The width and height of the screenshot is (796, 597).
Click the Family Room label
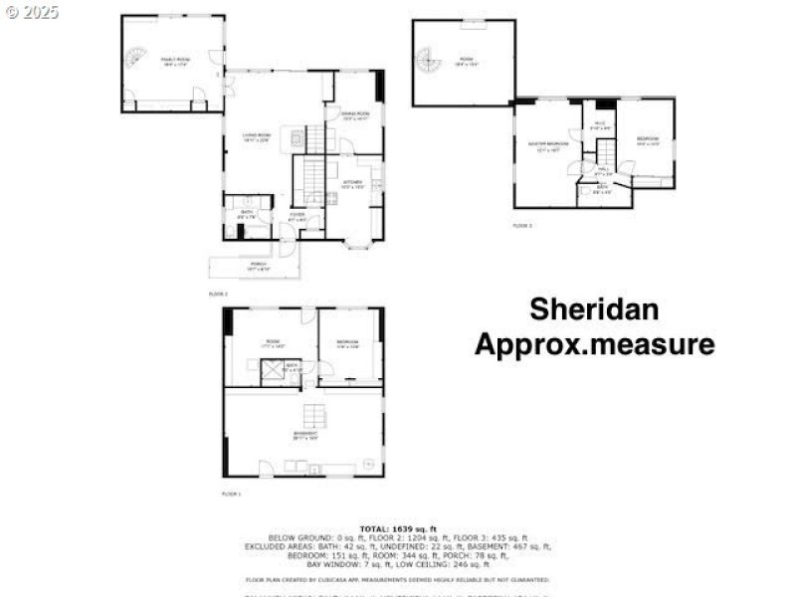coord(175,60)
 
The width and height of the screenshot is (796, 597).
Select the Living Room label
coord(256,137)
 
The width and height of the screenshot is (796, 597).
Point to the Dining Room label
coord(356,115)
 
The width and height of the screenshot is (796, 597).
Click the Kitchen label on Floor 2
coord(353,183)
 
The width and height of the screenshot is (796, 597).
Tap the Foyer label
coord(298,215)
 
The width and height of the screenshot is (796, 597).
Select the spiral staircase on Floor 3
coord(428,62)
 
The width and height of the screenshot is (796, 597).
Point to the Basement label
coord(304,434)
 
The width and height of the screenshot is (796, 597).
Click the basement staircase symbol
coord(312,414)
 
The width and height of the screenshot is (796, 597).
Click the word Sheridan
coord(593,308)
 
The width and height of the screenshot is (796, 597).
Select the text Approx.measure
coord(594,344)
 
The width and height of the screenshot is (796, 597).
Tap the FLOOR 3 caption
coord(522,226)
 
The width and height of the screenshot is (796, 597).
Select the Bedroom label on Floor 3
coord(648,138)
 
